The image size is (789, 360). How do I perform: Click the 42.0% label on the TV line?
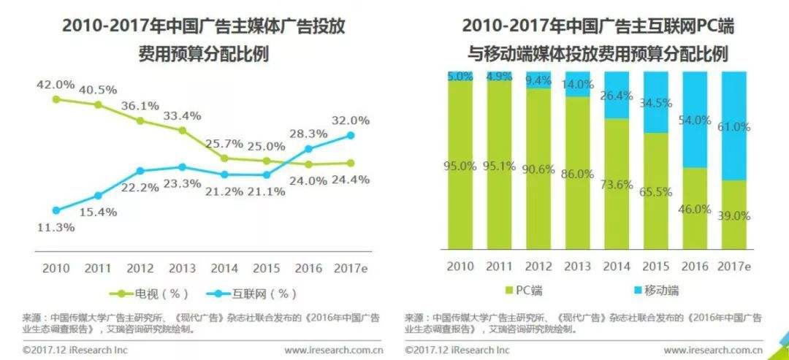point(56,85)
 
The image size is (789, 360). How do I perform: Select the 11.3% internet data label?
point(56,226)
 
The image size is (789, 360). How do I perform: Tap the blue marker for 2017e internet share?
point(351,135)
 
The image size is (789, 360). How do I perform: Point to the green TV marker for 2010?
point(56,99)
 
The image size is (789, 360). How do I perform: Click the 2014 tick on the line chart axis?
point(223,268)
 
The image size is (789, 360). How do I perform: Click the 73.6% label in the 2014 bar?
point(617,185)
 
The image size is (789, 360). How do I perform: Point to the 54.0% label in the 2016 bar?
point(695,119)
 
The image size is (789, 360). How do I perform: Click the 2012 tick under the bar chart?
point(538,268)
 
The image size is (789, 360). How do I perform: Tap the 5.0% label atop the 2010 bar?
point(460,76)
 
